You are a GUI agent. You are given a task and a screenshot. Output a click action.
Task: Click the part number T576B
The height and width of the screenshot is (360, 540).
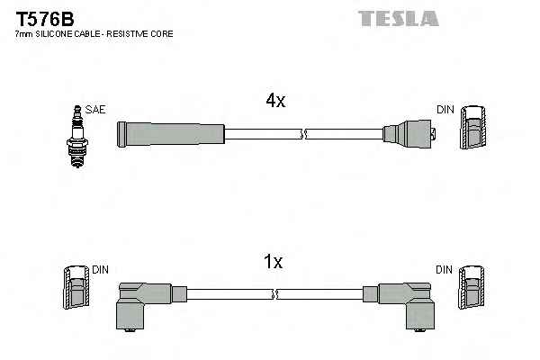[43, 16]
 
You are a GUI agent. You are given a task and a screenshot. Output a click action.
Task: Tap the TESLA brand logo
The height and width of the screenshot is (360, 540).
[398, 17]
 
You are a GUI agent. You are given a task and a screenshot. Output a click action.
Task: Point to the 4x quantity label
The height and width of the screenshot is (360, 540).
[275, 102]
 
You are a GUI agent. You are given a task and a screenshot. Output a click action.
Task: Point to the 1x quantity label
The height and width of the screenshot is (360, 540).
[273, 262]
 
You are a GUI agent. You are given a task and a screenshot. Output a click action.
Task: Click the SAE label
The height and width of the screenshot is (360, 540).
[97, 110]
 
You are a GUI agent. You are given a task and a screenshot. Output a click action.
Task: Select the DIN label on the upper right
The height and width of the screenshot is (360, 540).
[445, 110]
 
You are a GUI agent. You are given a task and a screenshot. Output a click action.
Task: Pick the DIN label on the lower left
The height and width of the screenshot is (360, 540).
[99, 270]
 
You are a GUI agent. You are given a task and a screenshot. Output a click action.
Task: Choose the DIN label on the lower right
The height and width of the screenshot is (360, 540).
[445, 270]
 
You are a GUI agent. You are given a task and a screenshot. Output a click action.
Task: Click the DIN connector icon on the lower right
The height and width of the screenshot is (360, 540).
[472, 292]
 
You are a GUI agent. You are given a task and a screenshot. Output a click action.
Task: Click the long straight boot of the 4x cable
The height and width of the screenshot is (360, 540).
[169, 134]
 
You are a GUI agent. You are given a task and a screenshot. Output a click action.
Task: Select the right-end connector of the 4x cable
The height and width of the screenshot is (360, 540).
[409, 136]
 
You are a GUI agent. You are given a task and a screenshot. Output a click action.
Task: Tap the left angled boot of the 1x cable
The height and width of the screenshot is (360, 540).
[145, 302]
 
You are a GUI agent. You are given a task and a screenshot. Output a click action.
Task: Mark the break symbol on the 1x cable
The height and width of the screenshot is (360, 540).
[275, 293]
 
